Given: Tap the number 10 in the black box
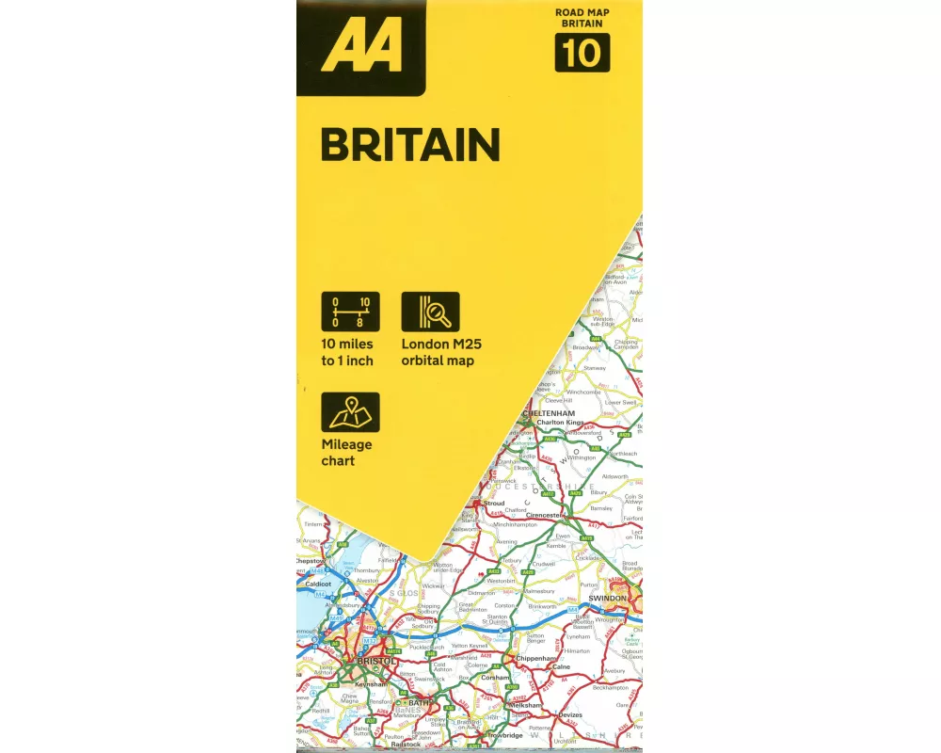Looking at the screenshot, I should (x=582, y=53).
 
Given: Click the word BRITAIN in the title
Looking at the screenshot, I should (x=409, y=146).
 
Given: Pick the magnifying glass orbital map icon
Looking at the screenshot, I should (x=431, y=312).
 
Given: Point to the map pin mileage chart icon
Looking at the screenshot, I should (x=349, y=412).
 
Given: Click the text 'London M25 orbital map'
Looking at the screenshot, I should (x=441, y=353).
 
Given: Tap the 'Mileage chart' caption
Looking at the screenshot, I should (x=346, y=453).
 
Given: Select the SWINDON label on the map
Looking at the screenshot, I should (x=607, y=598).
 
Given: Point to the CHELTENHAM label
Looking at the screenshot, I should (x=549, y=413).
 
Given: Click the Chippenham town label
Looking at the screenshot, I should (x=536, y=659).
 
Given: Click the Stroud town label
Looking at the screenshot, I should (x=495, y=504).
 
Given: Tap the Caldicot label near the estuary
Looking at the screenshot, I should (x=319, y=584).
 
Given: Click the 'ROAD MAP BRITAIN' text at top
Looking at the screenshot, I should (x=582, y=18).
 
